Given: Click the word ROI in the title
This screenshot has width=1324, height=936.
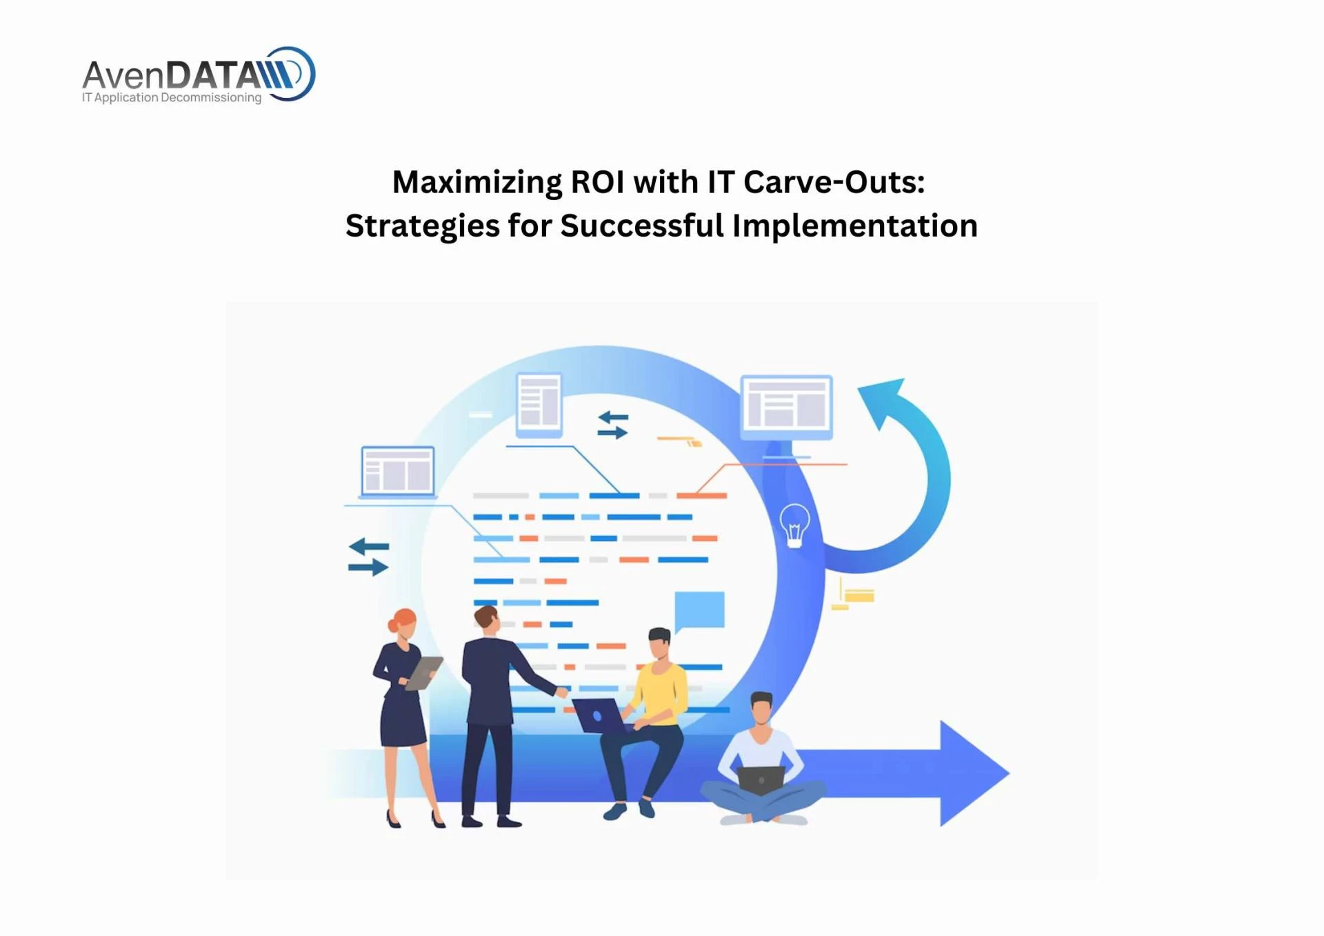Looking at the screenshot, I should [x=599, y=183].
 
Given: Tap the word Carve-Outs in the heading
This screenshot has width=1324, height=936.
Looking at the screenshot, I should [x=834, y=183].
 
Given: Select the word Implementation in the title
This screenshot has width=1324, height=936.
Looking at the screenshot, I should [x=854, y=226].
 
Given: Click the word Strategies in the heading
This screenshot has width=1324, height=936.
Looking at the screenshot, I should [x=422, y=226].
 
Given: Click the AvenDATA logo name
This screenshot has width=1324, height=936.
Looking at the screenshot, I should [x=172, y=74].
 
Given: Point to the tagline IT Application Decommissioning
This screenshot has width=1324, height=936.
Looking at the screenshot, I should [x=172, y=98].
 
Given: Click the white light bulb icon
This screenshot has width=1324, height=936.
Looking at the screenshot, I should [x=794, y=525].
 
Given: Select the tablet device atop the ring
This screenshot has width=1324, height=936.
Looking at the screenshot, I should [x=539, y=404].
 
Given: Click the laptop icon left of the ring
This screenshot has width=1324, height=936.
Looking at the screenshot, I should [x=398, y=472].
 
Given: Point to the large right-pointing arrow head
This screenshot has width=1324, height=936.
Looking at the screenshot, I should [x=972, y=773].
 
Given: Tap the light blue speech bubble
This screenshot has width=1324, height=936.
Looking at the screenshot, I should [x=699, y=610].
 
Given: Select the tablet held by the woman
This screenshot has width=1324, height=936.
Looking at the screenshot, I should [x=424, y=672].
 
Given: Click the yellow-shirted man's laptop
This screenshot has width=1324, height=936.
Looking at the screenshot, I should [x=597, y=715].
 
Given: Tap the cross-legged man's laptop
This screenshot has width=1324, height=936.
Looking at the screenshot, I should [x=761, y=779].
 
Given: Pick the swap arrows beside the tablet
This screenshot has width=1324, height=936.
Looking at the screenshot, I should [x=612, y=425].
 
